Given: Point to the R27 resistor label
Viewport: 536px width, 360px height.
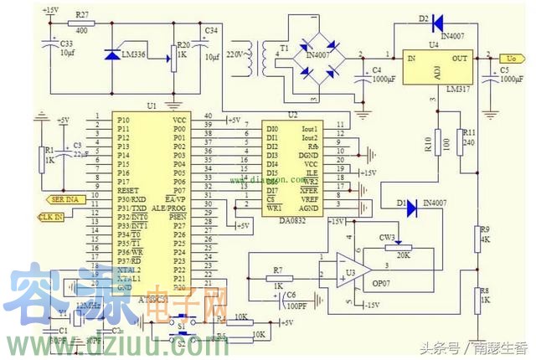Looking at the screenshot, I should point(82,14).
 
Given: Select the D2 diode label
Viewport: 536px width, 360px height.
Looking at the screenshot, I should point(424,18).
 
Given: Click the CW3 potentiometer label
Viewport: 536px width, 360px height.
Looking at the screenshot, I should point(387,237).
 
